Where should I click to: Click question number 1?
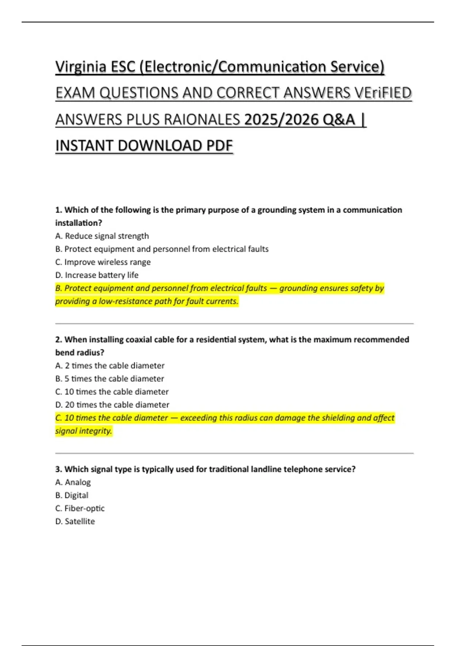coord(59,210)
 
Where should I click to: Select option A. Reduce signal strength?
coord(102,236)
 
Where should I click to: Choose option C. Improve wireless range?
coord(103,262)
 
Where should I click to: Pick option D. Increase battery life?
coord(97,275)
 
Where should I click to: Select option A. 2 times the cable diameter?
coord(109,366)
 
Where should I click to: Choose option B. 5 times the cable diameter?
coord(109,379)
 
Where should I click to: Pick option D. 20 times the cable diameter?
coord(112,405)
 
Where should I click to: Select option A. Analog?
coord(73,482)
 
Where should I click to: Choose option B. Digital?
coord(72,496)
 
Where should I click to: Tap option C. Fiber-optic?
coord(80,508)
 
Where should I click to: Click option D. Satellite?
coord(75,521)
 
